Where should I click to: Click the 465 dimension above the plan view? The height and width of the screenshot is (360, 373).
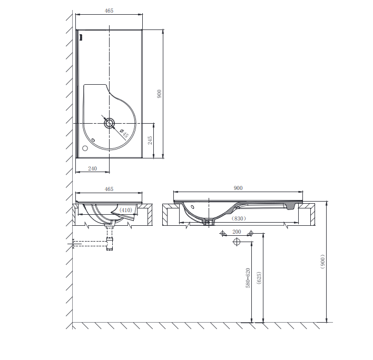coord(109,11)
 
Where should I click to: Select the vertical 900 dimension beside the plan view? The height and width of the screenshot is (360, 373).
coord(159,94)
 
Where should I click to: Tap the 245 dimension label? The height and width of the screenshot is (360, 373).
coord(150,141)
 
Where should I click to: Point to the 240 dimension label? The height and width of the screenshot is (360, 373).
coord(92,168)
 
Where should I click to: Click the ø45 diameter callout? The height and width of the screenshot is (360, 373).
coord(124,134)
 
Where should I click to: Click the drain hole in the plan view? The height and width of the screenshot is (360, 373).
coord(109,123)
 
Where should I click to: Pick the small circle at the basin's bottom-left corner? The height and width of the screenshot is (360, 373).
coord(85,148)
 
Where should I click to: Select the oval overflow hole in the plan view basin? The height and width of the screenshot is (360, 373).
coord(93,140)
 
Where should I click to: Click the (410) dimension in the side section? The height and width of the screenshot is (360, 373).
coord(125,210)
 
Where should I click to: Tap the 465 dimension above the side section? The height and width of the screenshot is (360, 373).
coord(109,189)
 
